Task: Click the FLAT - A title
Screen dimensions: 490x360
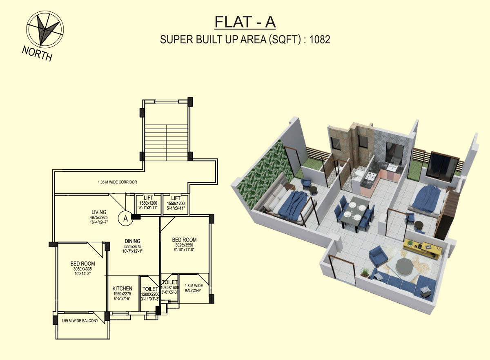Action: tap(245, 22)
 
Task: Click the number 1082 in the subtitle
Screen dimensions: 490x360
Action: tap(320, 40)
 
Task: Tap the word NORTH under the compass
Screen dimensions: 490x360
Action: tap(37, 54)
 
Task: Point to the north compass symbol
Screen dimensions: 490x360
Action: tap(45, 29)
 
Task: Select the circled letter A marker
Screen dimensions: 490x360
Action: tap(125, 218)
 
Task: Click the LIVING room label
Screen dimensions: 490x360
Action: tap(99, 212)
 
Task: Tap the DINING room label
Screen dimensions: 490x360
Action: tap(132, 241)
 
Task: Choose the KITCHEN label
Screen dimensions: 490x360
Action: tap(122, 288)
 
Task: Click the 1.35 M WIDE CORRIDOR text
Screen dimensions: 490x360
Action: tap(118, 182)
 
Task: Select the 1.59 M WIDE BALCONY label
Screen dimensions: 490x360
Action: tap(80, 321)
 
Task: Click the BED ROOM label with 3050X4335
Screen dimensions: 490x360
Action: tap(82, 264)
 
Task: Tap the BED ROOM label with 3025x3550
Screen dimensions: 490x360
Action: tap(184, 239)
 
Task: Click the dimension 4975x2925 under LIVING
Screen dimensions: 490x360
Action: tap(99, 217)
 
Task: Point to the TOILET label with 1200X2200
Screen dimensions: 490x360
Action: tap(150, 289)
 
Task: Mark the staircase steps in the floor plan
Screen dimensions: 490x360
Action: tap(166, 143)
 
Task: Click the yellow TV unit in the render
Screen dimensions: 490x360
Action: tap(423, 248)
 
